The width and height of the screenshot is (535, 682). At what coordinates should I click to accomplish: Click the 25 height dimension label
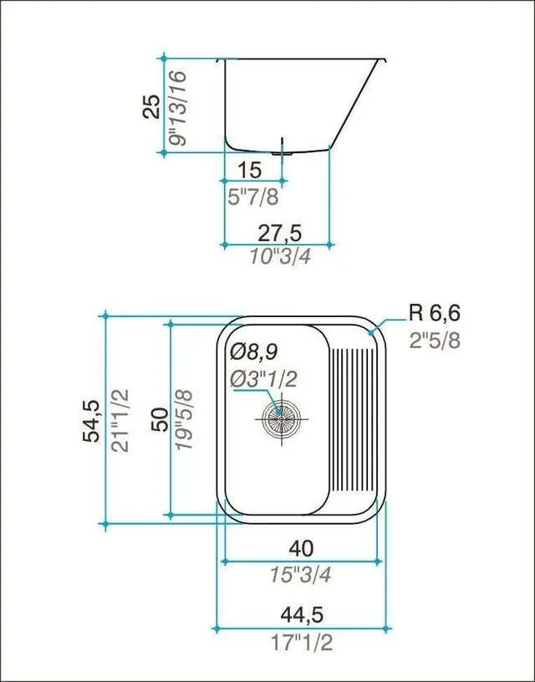click(151, 106)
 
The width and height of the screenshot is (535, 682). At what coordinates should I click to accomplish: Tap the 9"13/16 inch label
click(178, 108)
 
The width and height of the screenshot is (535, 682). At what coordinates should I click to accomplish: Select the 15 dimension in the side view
click(250, 170)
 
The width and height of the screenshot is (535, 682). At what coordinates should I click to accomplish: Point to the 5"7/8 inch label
click(253, 197)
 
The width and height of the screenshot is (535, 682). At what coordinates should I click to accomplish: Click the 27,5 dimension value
click(279, 233)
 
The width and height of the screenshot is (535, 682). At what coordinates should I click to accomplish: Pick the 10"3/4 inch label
click(280, 256)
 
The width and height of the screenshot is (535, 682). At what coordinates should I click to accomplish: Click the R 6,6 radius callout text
click(434, 313)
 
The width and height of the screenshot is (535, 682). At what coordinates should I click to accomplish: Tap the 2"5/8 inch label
click(435, 341)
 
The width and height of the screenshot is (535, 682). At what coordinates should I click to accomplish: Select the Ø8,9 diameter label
click(254, 351)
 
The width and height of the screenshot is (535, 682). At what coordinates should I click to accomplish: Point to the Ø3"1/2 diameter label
click(263, 379)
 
